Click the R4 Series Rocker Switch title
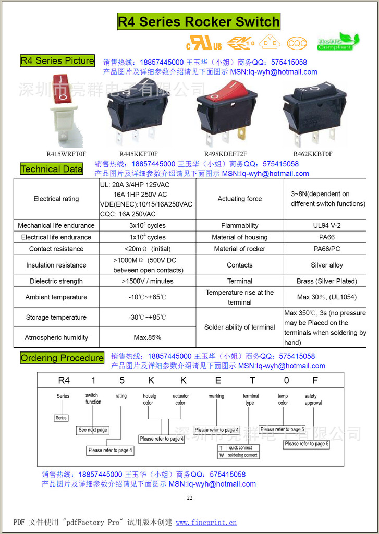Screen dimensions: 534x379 pyautogui.click(x=199, y=22)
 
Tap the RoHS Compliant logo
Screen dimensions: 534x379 pyautogui.click(x=338, y=42)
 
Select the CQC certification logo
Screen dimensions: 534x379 pyautogui.click(x=297, y=42)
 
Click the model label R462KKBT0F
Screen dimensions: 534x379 pyautogui.click(x=312, y=154)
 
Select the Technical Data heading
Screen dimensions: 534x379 pyautogui.click(x=52, y=169)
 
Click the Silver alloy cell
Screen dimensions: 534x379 pyautogui.click(x=326, y=265)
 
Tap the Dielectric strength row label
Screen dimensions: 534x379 pyautogui.click(x=56, y=281)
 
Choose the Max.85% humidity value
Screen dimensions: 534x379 pyautogui.click(x=147, y=337)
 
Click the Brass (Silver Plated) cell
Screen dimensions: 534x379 pyautogui.click(x=326, y=281)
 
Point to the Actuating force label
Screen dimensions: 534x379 pyautogui.click(x=239, y=199)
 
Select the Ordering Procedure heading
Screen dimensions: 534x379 pyautogui.click(x=62, y=358)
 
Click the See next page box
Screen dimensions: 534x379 pyautogui.click(x=93, y=430)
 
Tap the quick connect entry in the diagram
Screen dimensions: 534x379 pyautogui.click(x=240, y=448)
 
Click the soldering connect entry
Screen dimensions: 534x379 pyautogui.click(x=242, y=455)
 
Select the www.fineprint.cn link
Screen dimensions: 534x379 pyautogui.click(x=206, y=522)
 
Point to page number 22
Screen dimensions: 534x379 pyautogui.click(x=189, y=498)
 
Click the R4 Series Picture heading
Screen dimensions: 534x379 pyautogui.click(x=57, y=60)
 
